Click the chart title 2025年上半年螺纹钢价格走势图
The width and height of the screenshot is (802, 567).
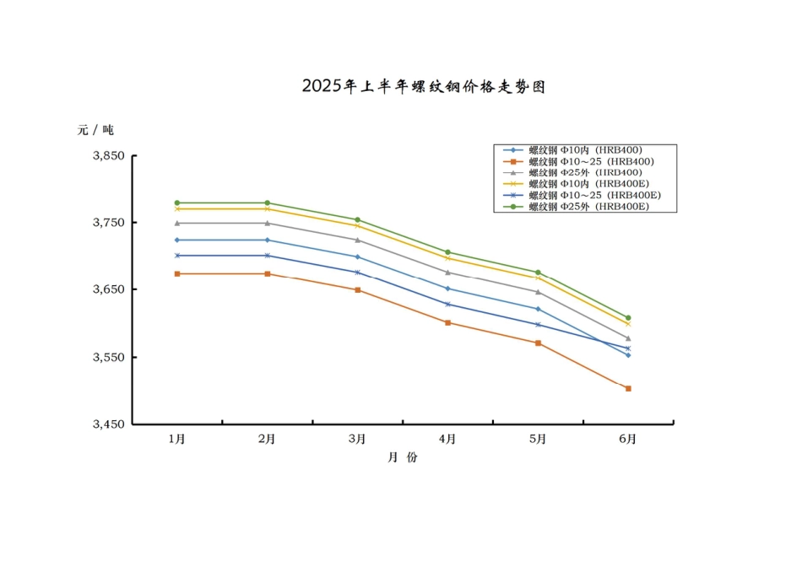point(424,86)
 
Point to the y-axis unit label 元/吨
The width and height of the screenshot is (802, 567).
point(95,130)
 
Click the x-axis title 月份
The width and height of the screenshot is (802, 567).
point(402,457)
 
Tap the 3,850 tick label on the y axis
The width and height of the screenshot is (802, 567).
point(108,156)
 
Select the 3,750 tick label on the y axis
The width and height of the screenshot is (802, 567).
point(108,223)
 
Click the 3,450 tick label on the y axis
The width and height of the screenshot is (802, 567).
point(108,424)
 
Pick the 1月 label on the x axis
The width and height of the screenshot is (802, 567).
point(177,439)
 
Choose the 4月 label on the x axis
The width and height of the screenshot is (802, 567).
point(447,439)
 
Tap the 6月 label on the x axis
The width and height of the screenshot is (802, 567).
point(627,439)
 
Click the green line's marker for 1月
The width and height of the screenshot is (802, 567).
point(177,202)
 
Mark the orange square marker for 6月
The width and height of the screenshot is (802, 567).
point(628,388)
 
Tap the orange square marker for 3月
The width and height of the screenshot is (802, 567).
point(357,289)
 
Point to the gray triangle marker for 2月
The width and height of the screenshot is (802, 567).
point(268,223)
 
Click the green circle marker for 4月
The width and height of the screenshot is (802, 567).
point(447,252)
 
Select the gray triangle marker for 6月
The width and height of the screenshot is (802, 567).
point(628,337)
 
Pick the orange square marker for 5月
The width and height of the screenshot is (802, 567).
point(538,343)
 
